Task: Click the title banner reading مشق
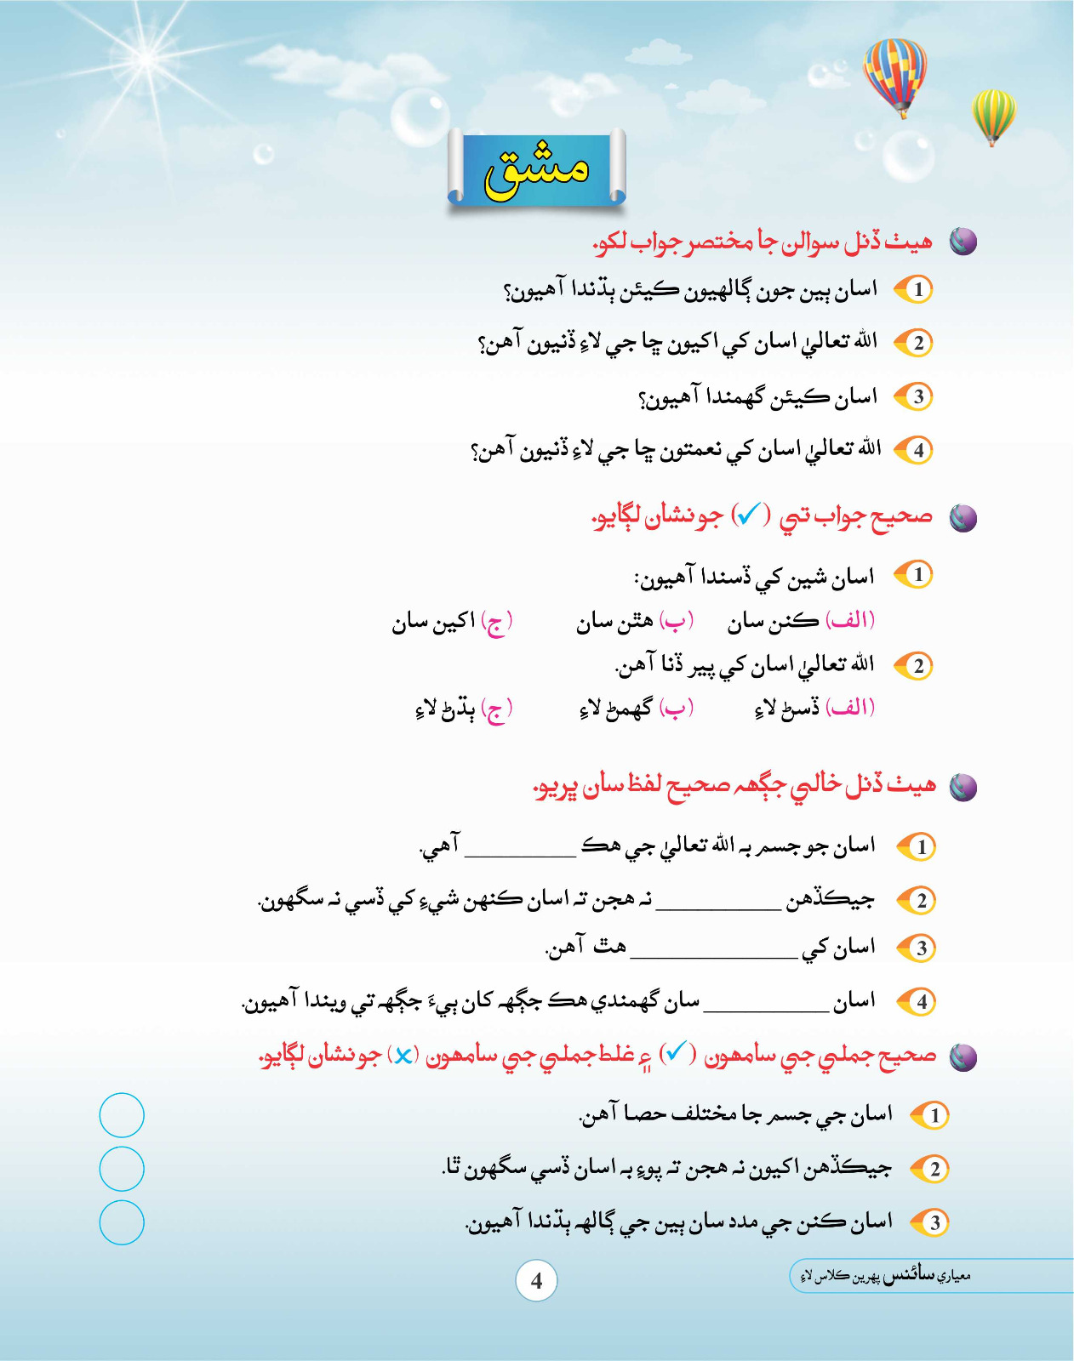click(x=536, y=168)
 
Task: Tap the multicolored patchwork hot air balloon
click(x=894, y=75)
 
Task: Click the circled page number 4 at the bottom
click(x=536, y=1281)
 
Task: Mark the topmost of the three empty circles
click(x=122, y=1115)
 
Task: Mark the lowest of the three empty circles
click(x=122, y=1222)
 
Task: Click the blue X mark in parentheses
click(x=403, y=1056)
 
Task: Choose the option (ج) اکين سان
click(x=452, y=623)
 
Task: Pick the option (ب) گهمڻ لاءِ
click(x=637, y=708)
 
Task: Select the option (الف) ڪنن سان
click(x=800, y=623)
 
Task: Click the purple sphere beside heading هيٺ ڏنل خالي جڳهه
click(x=963, y=787)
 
